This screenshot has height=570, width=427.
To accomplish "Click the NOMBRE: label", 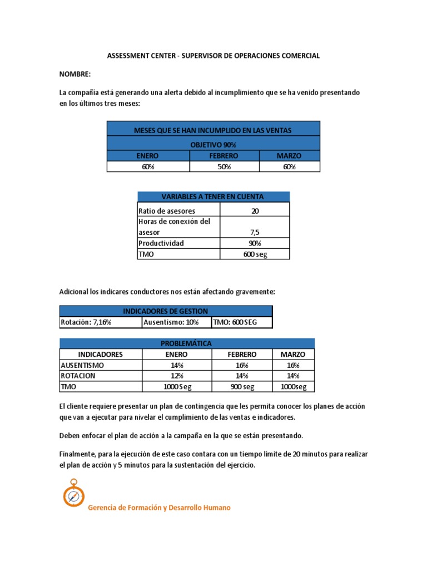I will click(75, 74).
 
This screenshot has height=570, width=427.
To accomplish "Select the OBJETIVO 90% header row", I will click(213, 144).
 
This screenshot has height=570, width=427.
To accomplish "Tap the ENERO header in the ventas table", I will click(148, 156).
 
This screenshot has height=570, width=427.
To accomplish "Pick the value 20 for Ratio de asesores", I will click(255, 211).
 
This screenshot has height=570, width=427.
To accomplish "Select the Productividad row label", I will click(161, 243).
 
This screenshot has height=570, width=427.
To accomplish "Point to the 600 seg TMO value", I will click(255, 254).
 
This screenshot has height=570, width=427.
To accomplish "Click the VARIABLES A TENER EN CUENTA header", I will click(213, 196).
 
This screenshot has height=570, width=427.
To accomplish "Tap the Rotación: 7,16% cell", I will click(86, 322).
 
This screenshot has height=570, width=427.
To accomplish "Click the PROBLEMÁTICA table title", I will click(187, 343).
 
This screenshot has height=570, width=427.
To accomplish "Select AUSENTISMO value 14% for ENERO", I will click(176, 365).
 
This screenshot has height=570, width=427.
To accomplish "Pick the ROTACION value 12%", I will click(176, 376).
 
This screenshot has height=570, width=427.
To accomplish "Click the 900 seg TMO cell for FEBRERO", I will click(242, 387).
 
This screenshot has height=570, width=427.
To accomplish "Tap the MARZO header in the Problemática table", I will click(292, 354).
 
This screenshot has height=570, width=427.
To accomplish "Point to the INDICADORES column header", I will click(101, 354).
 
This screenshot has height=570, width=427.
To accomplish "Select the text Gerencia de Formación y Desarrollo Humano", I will click(160, 508).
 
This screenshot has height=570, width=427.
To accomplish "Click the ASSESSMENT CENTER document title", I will click(213, 56).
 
